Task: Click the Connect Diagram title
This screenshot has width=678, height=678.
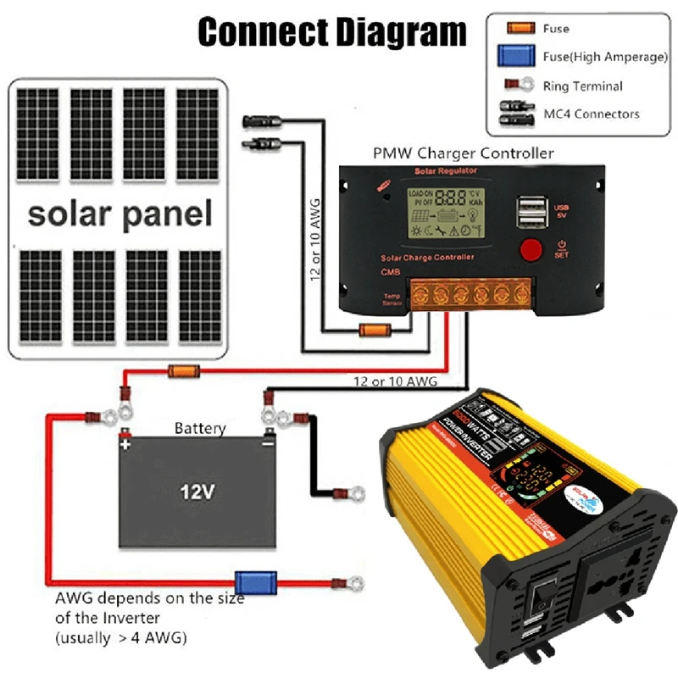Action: point(331,31)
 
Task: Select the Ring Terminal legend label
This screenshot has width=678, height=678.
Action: point(582,86)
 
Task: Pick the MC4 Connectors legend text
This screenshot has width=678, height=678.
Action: point(591,114)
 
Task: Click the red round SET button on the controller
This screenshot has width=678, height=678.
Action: point(531,250)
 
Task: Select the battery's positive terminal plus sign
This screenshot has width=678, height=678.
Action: point(125,443)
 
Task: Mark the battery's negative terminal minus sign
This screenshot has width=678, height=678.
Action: point(268,443)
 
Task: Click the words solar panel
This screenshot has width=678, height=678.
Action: point(119,214)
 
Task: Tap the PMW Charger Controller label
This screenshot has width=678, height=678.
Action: point(464,153)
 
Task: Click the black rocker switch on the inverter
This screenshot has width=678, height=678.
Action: point(538,603)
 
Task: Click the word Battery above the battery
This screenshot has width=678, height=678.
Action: point(200,428)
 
